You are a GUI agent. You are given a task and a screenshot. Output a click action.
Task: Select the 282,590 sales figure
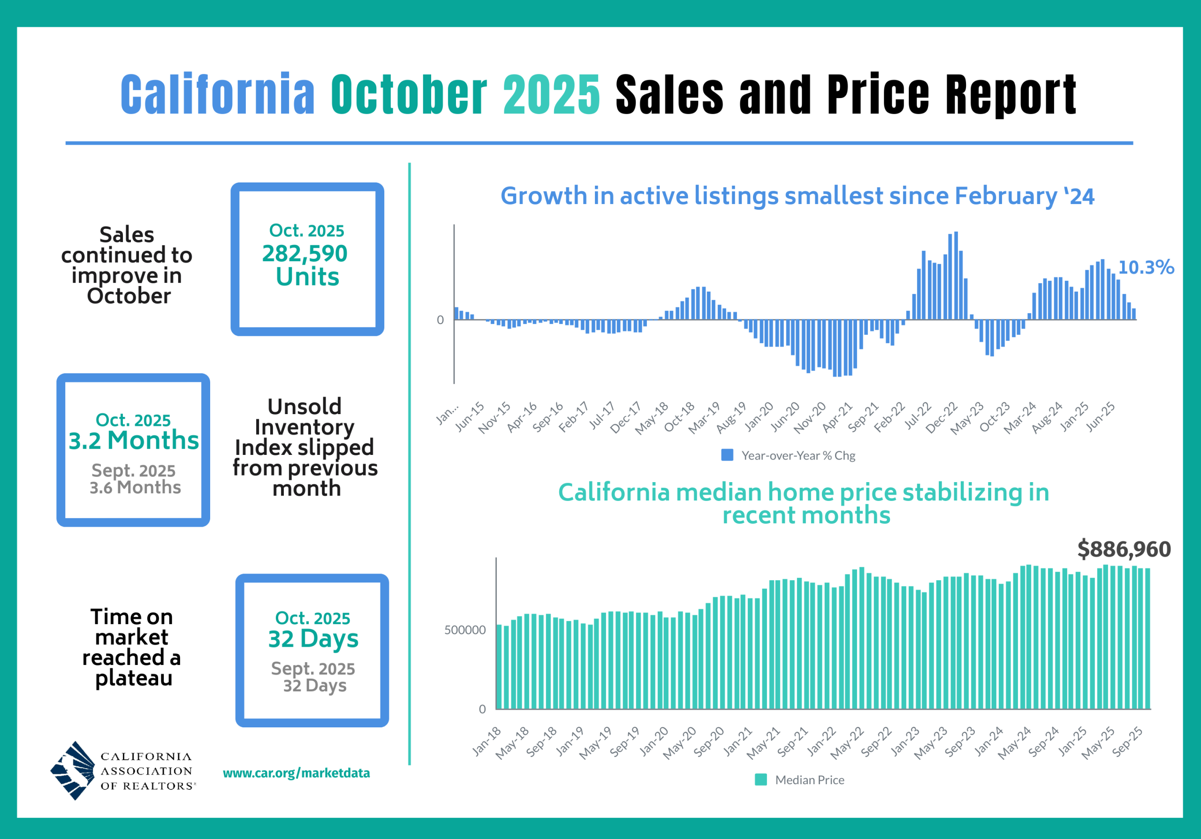pyautogui.click(x=304, y=254)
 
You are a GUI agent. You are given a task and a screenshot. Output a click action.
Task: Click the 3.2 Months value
pyautogui.click(x=134, y=440)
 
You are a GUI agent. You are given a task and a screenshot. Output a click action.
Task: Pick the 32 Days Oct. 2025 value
pyautogui.click(x=313, y=639)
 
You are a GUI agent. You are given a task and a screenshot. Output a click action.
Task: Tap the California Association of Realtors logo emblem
pyautogui.click(x=73, y=771)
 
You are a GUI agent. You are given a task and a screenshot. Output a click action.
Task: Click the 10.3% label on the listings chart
pyautogui.click(x=1146, y=267)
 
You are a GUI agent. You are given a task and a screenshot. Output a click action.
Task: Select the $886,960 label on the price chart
pyautogui.click(x=1124, y=549)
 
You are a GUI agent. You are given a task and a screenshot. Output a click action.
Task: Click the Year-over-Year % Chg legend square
pyautogui.click(x=727, y=455)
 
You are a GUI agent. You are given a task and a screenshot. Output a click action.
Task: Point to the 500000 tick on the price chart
pyautogui.click(x=464, y=630)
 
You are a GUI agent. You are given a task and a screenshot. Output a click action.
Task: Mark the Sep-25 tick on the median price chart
pyautogui.click(x=1128, y=741)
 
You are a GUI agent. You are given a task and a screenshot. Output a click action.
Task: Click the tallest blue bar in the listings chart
pyautogui.click(x=956, y=275)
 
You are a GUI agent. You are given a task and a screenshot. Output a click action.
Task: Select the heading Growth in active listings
pyautogui.click(x=797, y=196)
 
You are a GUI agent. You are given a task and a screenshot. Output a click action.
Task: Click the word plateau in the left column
pyautogui.click(x=134, y=678)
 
